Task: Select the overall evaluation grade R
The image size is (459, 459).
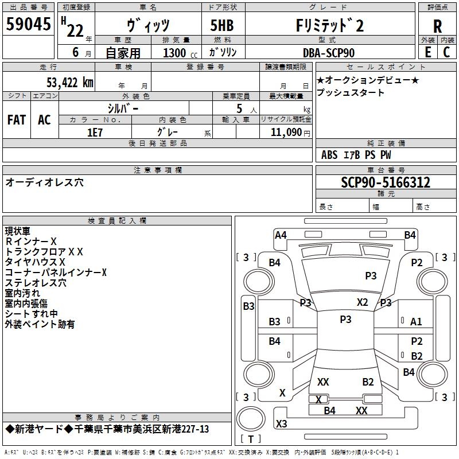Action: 437,26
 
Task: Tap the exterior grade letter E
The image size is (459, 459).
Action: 427,52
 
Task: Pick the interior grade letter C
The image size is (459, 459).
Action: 447,52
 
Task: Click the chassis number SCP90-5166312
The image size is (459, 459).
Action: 386,183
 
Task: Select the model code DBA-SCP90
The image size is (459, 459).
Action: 329,53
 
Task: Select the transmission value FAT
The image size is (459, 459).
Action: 17,120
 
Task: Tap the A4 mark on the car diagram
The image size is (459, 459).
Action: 281,235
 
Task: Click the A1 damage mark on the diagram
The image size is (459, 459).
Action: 417,322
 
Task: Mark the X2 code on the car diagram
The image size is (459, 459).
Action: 363,302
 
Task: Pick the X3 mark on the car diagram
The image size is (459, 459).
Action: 282,424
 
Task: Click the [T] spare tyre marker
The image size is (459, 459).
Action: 251,439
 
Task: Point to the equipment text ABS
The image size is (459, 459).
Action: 329,155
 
